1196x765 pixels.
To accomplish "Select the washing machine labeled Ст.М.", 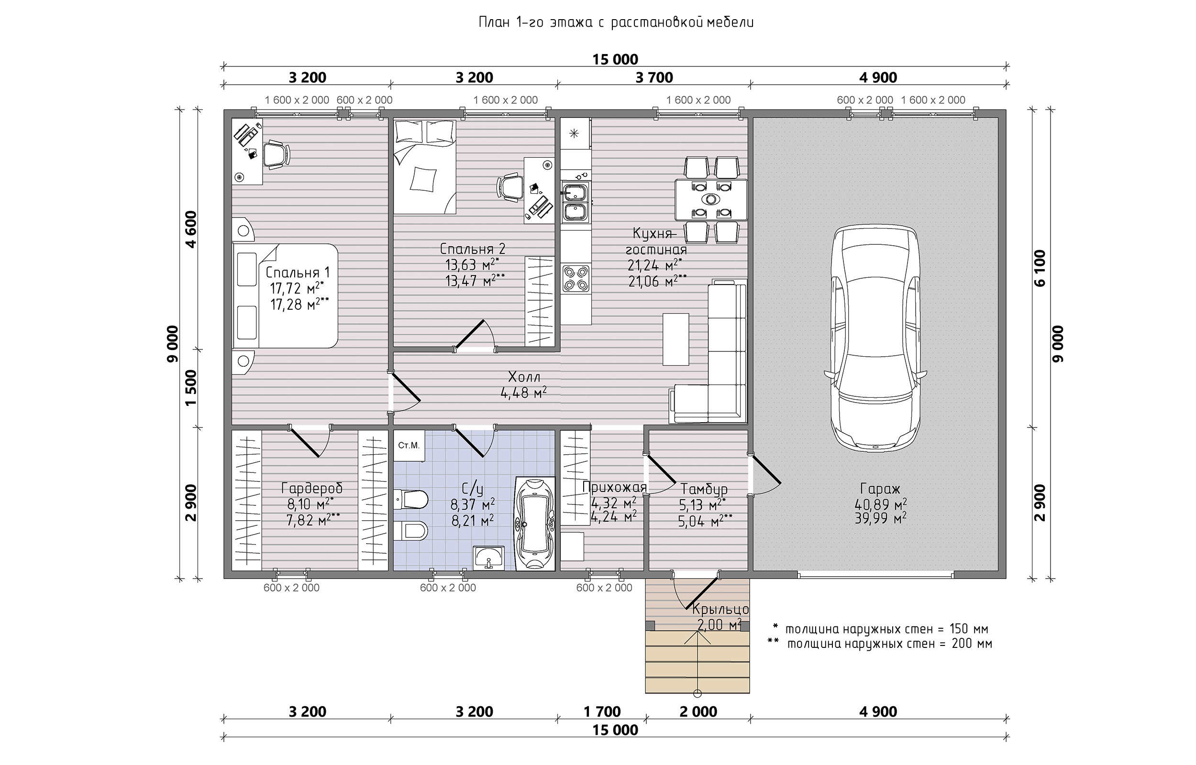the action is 410,446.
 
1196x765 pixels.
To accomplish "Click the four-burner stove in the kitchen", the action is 576,278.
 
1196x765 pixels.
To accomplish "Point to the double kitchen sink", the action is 575,202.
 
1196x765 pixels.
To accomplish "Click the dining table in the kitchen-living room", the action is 711,200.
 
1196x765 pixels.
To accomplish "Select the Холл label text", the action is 524,377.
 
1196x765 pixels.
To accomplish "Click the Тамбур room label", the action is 704,489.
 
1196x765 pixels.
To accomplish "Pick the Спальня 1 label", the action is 297,272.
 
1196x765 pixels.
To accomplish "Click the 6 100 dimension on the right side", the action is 1039,268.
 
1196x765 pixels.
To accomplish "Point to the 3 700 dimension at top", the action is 654,77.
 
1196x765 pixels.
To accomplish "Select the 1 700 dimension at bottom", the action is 602,712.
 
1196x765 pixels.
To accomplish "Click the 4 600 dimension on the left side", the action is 191,229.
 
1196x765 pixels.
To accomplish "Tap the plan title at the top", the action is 616,23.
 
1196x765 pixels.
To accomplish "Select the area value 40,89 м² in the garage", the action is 880,505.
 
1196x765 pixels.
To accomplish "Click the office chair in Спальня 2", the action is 509,188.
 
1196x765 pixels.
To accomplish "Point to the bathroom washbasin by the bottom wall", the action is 488,557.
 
